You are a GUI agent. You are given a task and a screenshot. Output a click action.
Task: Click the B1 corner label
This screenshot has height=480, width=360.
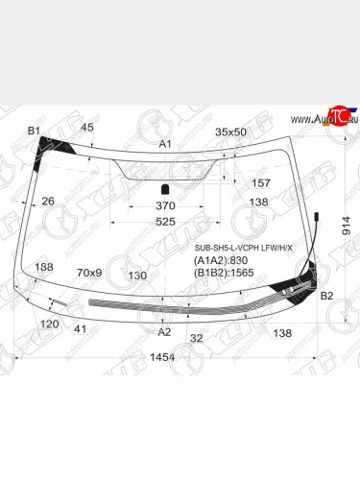[34, 130]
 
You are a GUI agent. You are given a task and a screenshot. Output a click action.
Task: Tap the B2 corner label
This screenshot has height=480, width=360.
[326, 296]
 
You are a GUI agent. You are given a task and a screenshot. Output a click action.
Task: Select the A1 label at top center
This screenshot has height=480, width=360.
[164, 143]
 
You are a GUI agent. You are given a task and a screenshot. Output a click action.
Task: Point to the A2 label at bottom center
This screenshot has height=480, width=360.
[164, 331]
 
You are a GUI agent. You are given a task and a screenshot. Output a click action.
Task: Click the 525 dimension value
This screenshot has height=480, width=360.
[165, 222]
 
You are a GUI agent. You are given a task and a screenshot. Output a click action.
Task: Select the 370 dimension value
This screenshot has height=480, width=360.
[165, 205]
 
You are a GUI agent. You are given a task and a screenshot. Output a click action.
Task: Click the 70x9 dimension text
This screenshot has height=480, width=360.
[89, 273]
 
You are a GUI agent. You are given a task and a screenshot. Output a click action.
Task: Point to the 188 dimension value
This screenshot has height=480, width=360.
[44, 267]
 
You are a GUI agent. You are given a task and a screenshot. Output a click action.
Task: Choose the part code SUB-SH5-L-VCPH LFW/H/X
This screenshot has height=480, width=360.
[243, 247]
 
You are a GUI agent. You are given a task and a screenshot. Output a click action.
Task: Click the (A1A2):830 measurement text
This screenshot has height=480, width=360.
[221, 259]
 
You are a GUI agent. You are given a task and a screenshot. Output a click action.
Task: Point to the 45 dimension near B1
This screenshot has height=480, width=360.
[87, 128]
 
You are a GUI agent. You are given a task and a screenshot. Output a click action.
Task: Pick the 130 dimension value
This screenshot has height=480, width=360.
[136, 275]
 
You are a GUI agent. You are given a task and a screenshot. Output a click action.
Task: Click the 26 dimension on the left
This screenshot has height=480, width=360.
[48, 202]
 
